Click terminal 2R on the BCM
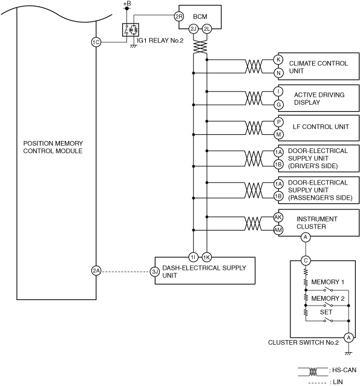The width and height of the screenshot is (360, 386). click(x=178, y=17)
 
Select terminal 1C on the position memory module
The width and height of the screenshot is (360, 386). click(x=96, y=42)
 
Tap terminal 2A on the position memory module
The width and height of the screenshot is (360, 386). click(x=96, y=271)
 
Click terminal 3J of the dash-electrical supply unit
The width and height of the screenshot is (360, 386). click(x=155, y=272)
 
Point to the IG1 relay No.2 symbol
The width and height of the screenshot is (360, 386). click(x=131, y=30)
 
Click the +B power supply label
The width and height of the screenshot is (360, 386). click(x=127, y=4)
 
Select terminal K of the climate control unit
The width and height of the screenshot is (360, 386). click(x=278, y=59)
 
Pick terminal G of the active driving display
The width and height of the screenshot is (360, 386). click(x=278, y=105)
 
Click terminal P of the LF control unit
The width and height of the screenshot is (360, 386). click(x=278, y=122)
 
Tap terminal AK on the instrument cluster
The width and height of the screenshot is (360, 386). click(x=278, y=217)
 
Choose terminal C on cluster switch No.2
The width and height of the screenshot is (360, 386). click(x=306, y=260)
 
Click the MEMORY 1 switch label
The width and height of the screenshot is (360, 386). click(x=328, y=282)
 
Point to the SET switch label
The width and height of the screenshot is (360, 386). click(x=326, y=312)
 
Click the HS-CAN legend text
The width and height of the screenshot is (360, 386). click(x=342, y=370)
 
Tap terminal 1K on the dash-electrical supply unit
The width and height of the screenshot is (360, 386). click(x=206, y=258)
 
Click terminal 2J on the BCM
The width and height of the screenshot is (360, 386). click(x=194, y=29)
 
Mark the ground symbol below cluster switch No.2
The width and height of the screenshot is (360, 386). click(x=349, y=353)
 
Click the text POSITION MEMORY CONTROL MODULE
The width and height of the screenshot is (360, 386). click(x=53, y=147)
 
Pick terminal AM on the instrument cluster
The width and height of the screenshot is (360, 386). click(x=278, y=230)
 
